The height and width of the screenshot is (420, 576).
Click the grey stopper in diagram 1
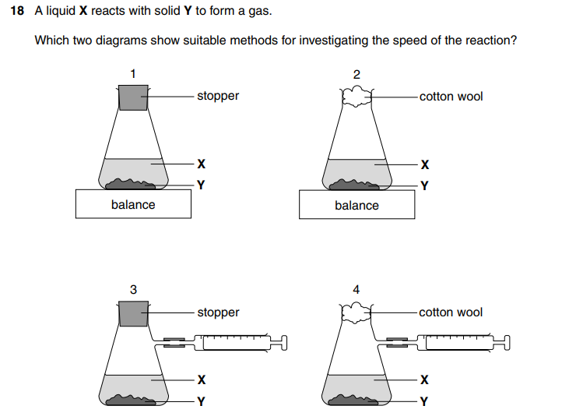pyautogui.click(x=133, y=97)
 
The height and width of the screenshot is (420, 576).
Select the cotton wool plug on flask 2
pyautogui.click(x=356, y=97)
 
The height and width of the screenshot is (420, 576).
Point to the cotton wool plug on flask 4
pyautogui.click(x=356, y=312)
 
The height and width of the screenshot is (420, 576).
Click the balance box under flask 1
pyautogui.click(x=133, y=205)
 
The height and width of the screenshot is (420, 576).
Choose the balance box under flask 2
pyautogui.click(x=356, y=205)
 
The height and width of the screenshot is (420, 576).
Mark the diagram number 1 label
pyautogui.click(x=133, y=73)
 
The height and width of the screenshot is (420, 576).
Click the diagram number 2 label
pyautogui.click(x=356, y=74)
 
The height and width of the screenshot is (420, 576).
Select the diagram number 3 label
pyautogui.click(x=133, y=289)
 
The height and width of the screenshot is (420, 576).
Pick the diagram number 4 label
pyautogui.click(x=356, y=289)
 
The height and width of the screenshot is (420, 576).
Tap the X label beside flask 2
pyautogui.click(x=424, y=164)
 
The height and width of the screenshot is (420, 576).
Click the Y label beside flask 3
pyautogui.click(x=201, y=402)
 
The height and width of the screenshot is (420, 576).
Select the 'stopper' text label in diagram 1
pyautogui.click(x=218, y=96)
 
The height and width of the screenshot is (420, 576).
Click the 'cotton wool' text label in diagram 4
pyautogui.click(x=451, y=312)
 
